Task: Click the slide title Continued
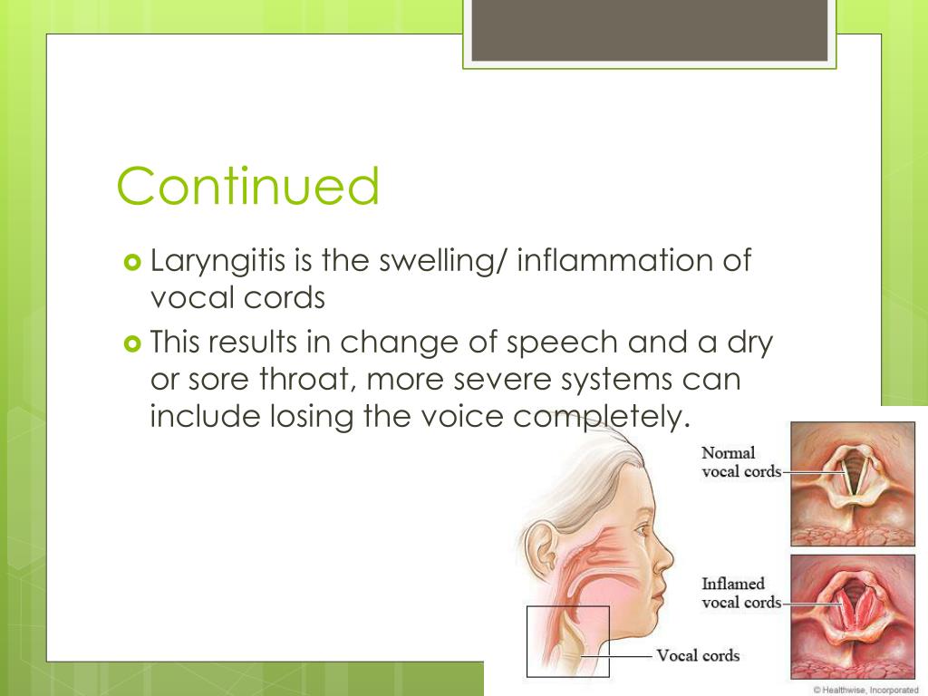247,187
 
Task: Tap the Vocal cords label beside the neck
697,655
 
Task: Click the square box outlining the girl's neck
568,641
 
